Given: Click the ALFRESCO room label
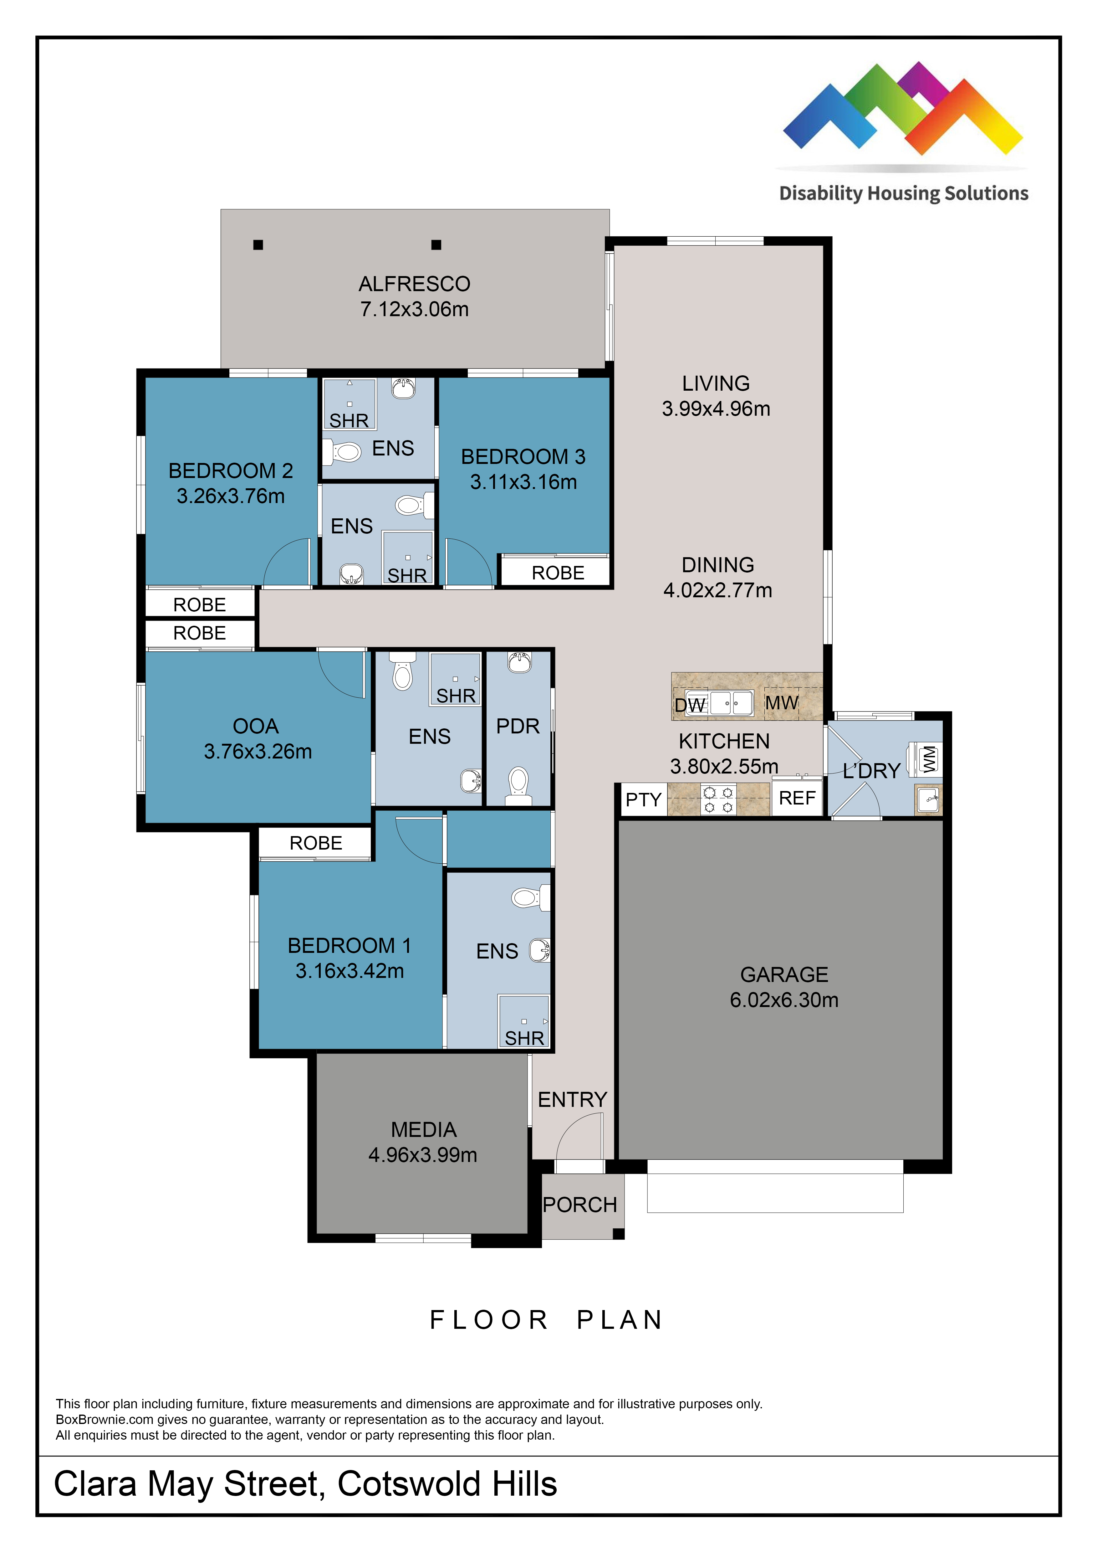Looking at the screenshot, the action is point(414,284).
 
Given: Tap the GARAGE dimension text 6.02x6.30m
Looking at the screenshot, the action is point(783,1000).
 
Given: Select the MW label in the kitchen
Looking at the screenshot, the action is point(782,703).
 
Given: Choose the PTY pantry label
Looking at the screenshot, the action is point(643,800).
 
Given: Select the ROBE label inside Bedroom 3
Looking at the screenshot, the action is point(558,573).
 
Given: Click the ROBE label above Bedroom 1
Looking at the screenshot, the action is point(316,843).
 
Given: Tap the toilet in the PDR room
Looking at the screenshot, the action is point(518,785).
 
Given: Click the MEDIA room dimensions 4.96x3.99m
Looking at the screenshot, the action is point(423,1155).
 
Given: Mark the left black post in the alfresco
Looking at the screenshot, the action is point(258,245).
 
